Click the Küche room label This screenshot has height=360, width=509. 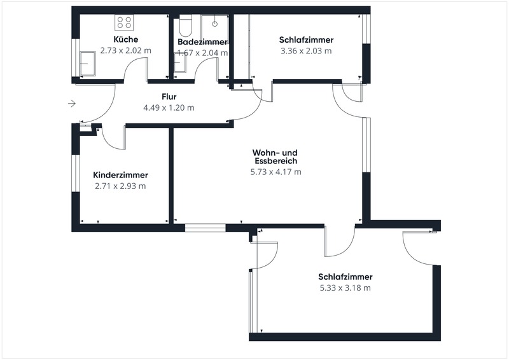tap(125, 39)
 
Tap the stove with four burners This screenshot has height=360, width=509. tap(124, 23)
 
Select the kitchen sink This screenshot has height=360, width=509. tap(88, 64)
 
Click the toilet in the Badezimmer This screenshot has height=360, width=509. tap(186, 26)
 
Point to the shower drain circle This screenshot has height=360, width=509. tap(214, 24)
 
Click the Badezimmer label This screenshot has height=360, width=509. tap(202, 42)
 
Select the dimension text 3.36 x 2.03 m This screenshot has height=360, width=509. tap(306, 51)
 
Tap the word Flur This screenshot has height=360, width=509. tap(169, 97)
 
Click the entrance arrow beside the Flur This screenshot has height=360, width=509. tap(72, 104)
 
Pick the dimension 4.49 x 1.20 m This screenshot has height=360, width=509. tap(169, 107)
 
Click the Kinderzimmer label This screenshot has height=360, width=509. tap(120, 175)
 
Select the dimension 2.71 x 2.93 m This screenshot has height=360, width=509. tap(120, 186)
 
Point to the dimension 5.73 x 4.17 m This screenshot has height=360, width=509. tap(276, 172)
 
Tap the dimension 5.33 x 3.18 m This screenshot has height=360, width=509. tap(345, 288)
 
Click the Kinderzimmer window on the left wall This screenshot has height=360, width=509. tap(76, 173)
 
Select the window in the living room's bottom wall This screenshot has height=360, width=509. tap(205, 228)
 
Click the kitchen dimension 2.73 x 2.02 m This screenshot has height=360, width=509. tap(125, 51)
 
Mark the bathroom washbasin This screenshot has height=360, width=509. tap(179, 62)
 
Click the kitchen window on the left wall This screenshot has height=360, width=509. tap(76, 58)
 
